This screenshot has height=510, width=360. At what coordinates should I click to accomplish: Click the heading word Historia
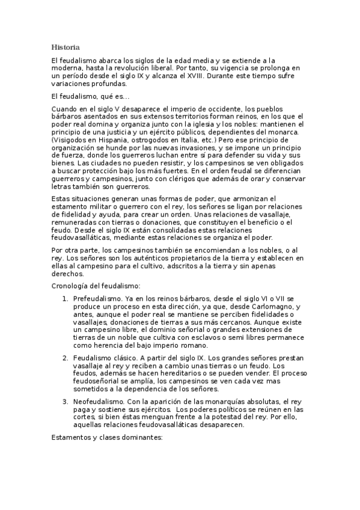pos(66,46)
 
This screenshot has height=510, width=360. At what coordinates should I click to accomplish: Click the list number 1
pos(65,298)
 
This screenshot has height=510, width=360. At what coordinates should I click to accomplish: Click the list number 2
pos(65,358)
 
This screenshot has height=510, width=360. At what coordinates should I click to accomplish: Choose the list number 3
pos(65,401)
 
